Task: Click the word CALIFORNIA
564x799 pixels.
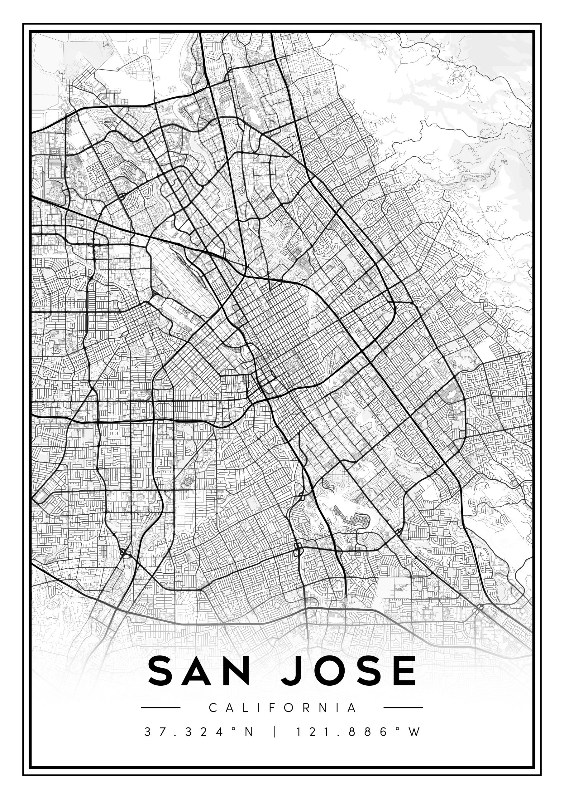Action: click(282, 708)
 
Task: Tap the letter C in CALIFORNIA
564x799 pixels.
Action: click(213, 708)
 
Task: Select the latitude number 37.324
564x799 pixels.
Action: click(184, 732)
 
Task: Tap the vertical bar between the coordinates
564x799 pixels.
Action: click(275, 732)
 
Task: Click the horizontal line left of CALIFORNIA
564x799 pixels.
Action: click(160, 708)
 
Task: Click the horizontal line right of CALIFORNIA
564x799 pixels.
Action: click(403, 708)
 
